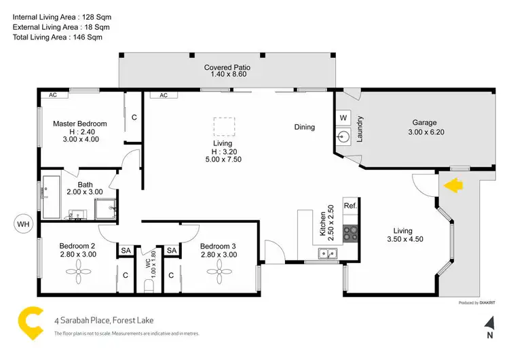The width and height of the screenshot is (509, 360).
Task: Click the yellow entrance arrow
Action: tap(453, 185)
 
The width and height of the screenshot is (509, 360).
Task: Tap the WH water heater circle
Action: tap(23, 224)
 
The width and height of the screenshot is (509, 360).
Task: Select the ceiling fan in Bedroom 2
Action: tap(79, 272)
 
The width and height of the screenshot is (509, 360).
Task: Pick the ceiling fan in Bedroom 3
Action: tap(219, 272)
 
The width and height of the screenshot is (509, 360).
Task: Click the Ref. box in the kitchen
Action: tap(350, 206)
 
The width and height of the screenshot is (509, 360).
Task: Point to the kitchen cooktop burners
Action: tap(351, 234)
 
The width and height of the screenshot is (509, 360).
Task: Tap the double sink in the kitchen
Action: tap(328, 253)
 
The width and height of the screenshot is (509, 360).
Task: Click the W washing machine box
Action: tap(343, 118)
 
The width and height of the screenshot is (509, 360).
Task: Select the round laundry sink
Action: tap(343, 137)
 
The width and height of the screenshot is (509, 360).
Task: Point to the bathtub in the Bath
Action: tap(52, 197)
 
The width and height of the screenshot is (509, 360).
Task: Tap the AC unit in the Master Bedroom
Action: tap(53, 95)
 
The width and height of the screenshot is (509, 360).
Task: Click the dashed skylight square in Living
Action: tap(224, 126)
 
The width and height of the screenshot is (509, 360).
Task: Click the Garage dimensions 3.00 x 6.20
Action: tap(426, 132)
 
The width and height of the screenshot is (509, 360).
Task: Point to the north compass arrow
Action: tap(490, 323)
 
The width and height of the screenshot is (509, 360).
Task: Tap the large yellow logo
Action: tap(30, 323)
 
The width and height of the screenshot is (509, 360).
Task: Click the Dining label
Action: tap(305, 127)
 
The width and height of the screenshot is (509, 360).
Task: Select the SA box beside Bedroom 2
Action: tap(126, 251)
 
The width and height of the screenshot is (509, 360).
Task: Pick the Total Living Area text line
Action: tap(58, 37)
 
